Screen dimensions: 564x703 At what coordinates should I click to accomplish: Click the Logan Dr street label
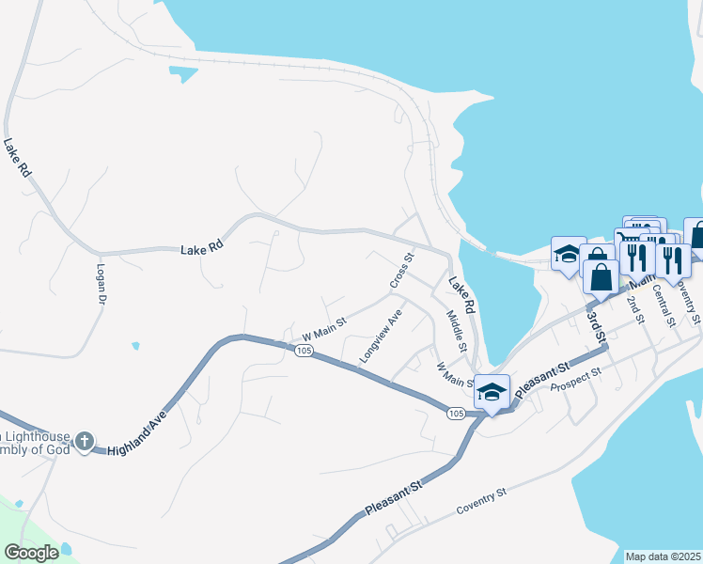(x=101, y=283)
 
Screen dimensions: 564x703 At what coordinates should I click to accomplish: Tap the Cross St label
(x=401, y=271)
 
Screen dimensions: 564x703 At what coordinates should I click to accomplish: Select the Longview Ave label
(x=381, y=336)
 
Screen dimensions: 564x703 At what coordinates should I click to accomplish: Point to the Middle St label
(x=457, y=331)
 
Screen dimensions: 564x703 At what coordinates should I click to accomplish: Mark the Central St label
(x=664, y=308)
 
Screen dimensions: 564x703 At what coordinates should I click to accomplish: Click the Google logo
(x=32, y=553)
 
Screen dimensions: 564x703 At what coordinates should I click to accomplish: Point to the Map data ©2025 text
(x=663, y=556)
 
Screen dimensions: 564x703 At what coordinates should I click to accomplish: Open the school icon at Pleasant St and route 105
(x=492, y=392)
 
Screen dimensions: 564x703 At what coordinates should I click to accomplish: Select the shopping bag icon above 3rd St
(x=601, y=276)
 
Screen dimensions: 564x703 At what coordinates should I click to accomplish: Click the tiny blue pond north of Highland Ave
(x=136, y=346)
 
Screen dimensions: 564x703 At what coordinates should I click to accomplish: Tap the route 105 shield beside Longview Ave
(x=303, y=351)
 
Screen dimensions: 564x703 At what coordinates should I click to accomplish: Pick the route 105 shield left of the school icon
(x=456, y=413)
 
